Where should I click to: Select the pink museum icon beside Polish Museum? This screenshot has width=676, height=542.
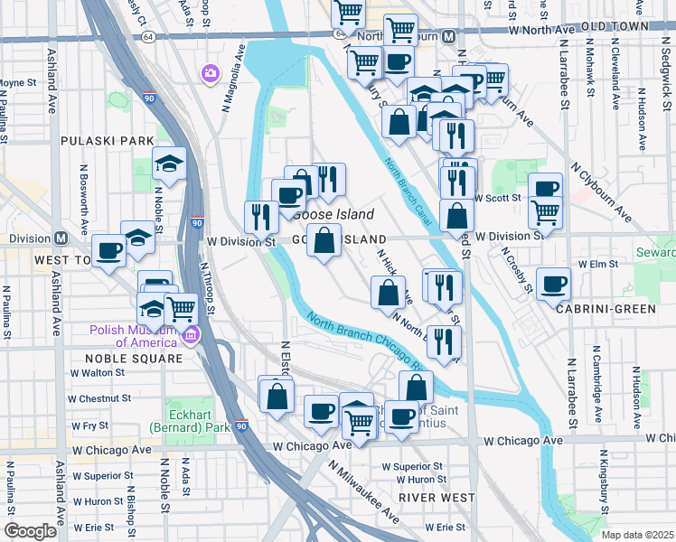(x=190, y=338)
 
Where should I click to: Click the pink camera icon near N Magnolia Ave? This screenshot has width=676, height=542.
(x=211, y=72)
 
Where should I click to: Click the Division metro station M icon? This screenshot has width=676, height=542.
(x=61, y=239)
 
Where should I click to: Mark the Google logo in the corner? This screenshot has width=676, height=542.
(x=30, y=531)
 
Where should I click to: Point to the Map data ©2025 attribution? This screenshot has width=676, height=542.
(x=637, y=535)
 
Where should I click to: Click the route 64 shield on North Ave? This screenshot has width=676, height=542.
(x=148, y=37)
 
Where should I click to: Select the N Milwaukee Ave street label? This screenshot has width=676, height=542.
(x=364, y=492)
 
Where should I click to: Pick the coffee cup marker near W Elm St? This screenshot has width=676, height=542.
(x=553, y=284)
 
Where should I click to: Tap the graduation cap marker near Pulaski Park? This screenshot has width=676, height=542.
(x=169, y=163)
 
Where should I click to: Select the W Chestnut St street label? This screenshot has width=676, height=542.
(x=99, y=398)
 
